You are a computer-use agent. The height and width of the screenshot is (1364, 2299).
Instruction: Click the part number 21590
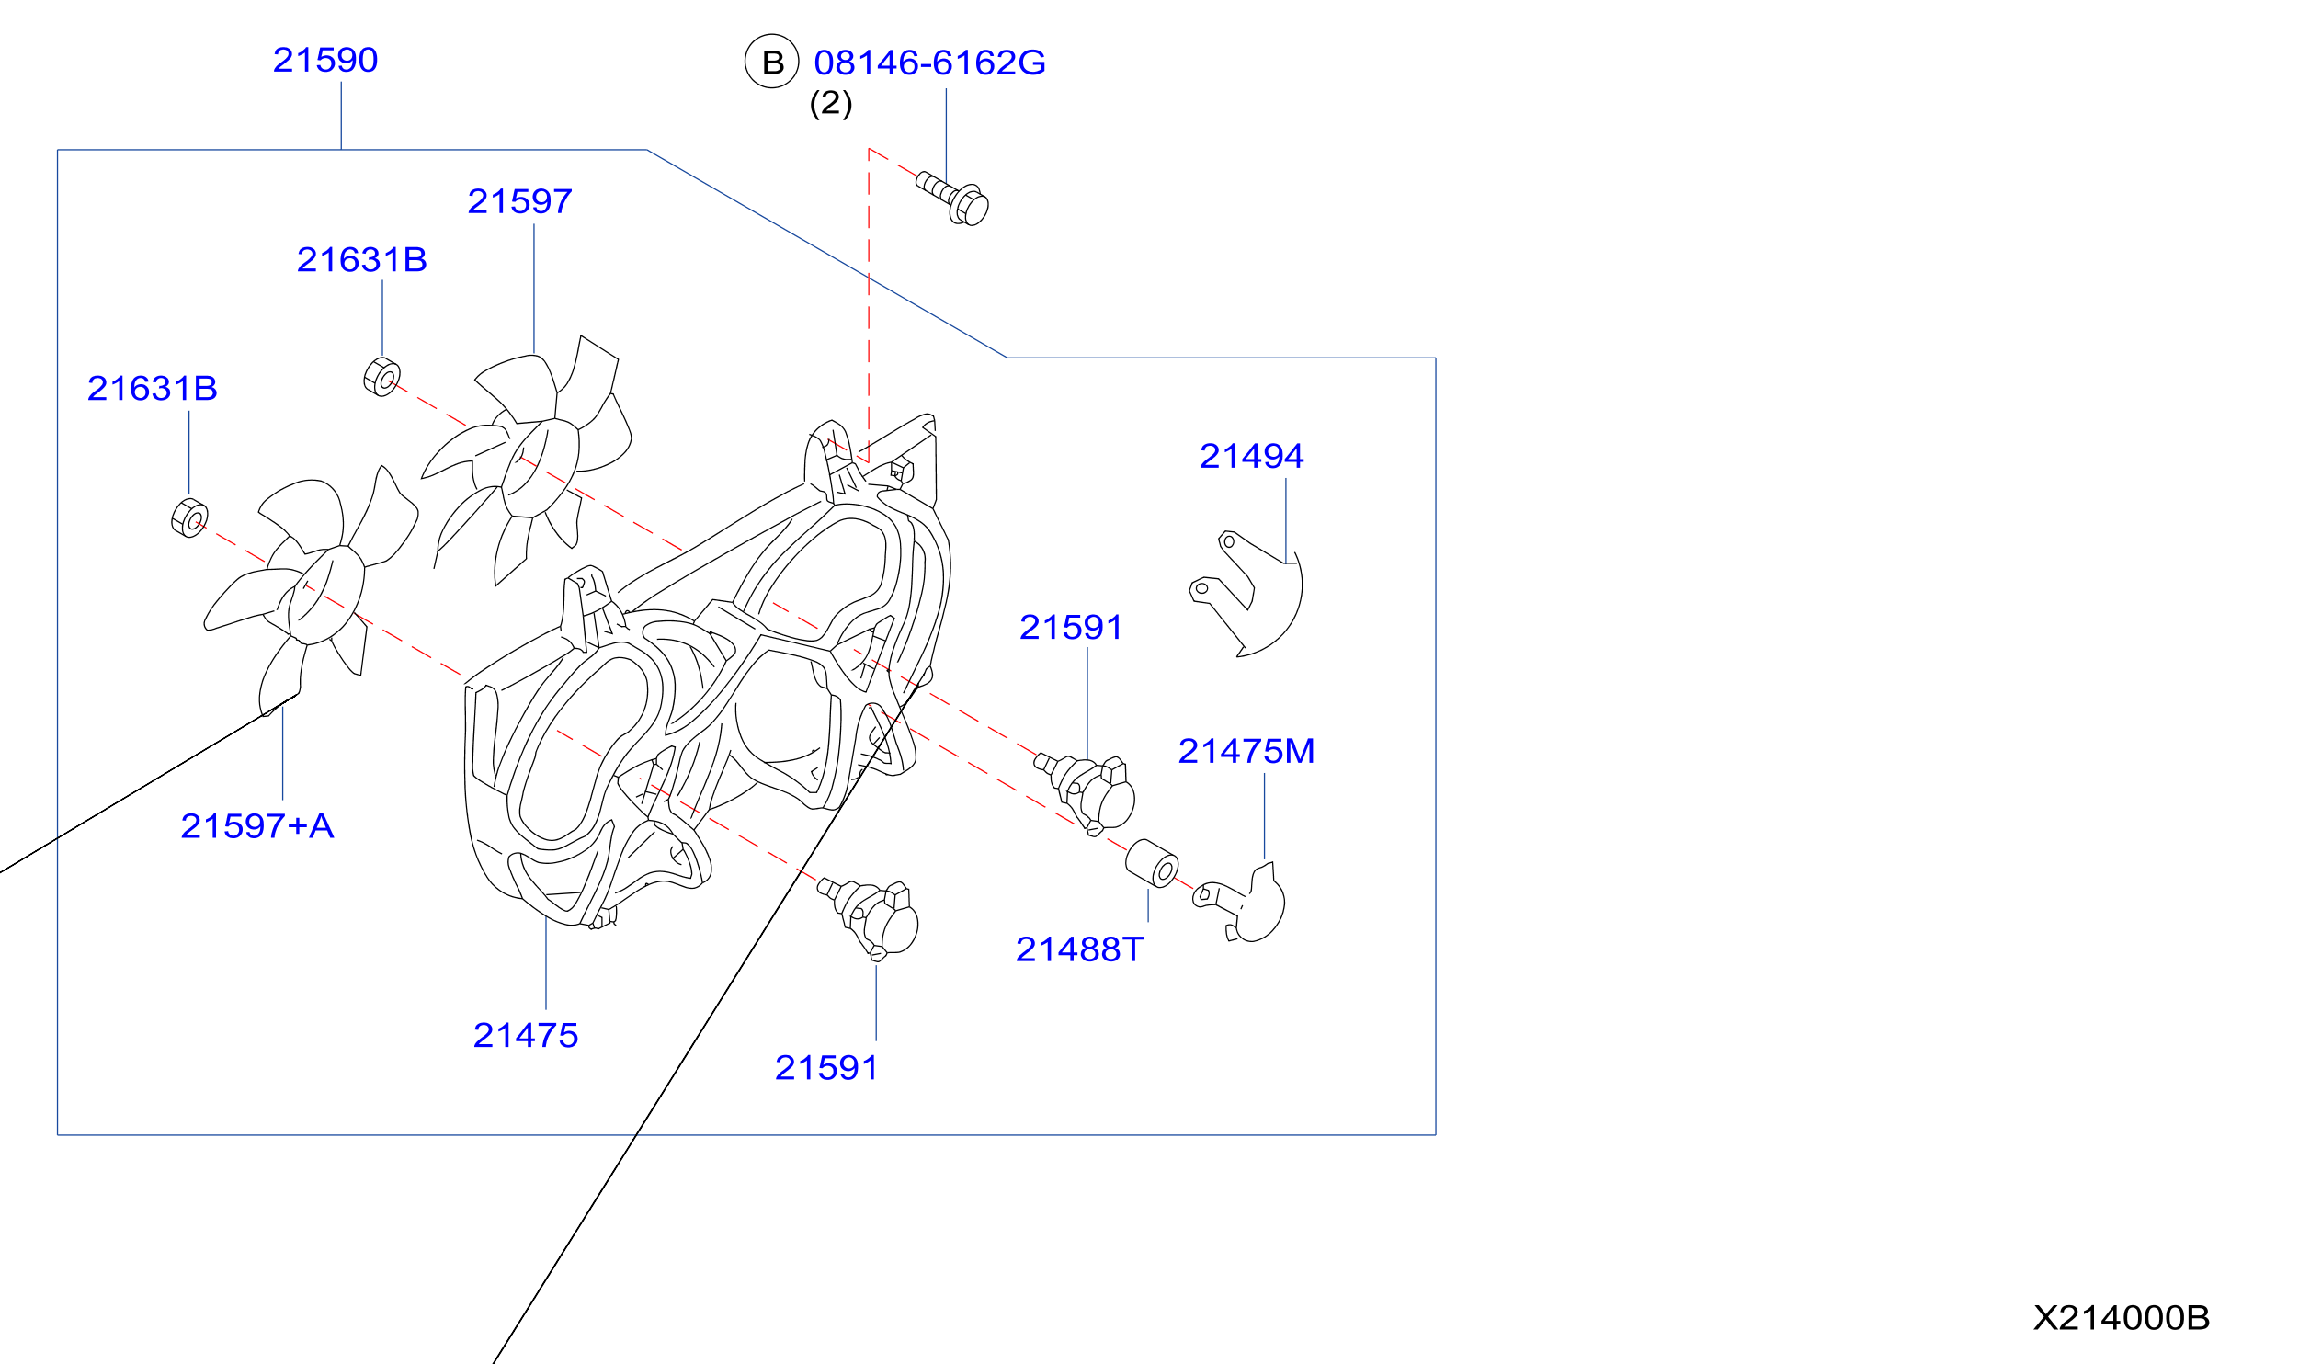(x=325, y=61)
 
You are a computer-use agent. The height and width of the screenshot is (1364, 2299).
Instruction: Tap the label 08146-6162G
(x=929, y=63)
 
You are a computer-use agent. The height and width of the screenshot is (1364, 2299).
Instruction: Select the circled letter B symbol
(x=772, y=62)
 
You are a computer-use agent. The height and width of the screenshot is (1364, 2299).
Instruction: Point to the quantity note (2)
(x=831, y=103)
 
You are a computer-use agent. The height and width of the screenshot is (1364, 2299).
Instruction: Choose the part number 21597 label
(x=520, y=202)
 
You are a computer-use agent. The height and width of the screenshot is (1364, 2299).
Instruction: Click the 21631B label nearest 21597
(x=362, y=260)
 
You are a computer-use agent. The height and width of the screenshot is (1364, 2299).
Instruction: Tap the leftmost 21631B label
(x=153, y=389)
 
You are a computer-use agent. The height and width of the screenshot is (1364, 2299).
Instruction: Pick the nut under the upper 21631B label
(x=382, y=377)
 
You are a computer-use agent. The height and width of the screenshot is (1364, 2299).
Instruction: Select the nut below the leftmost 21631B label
(x=189, y=518)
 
